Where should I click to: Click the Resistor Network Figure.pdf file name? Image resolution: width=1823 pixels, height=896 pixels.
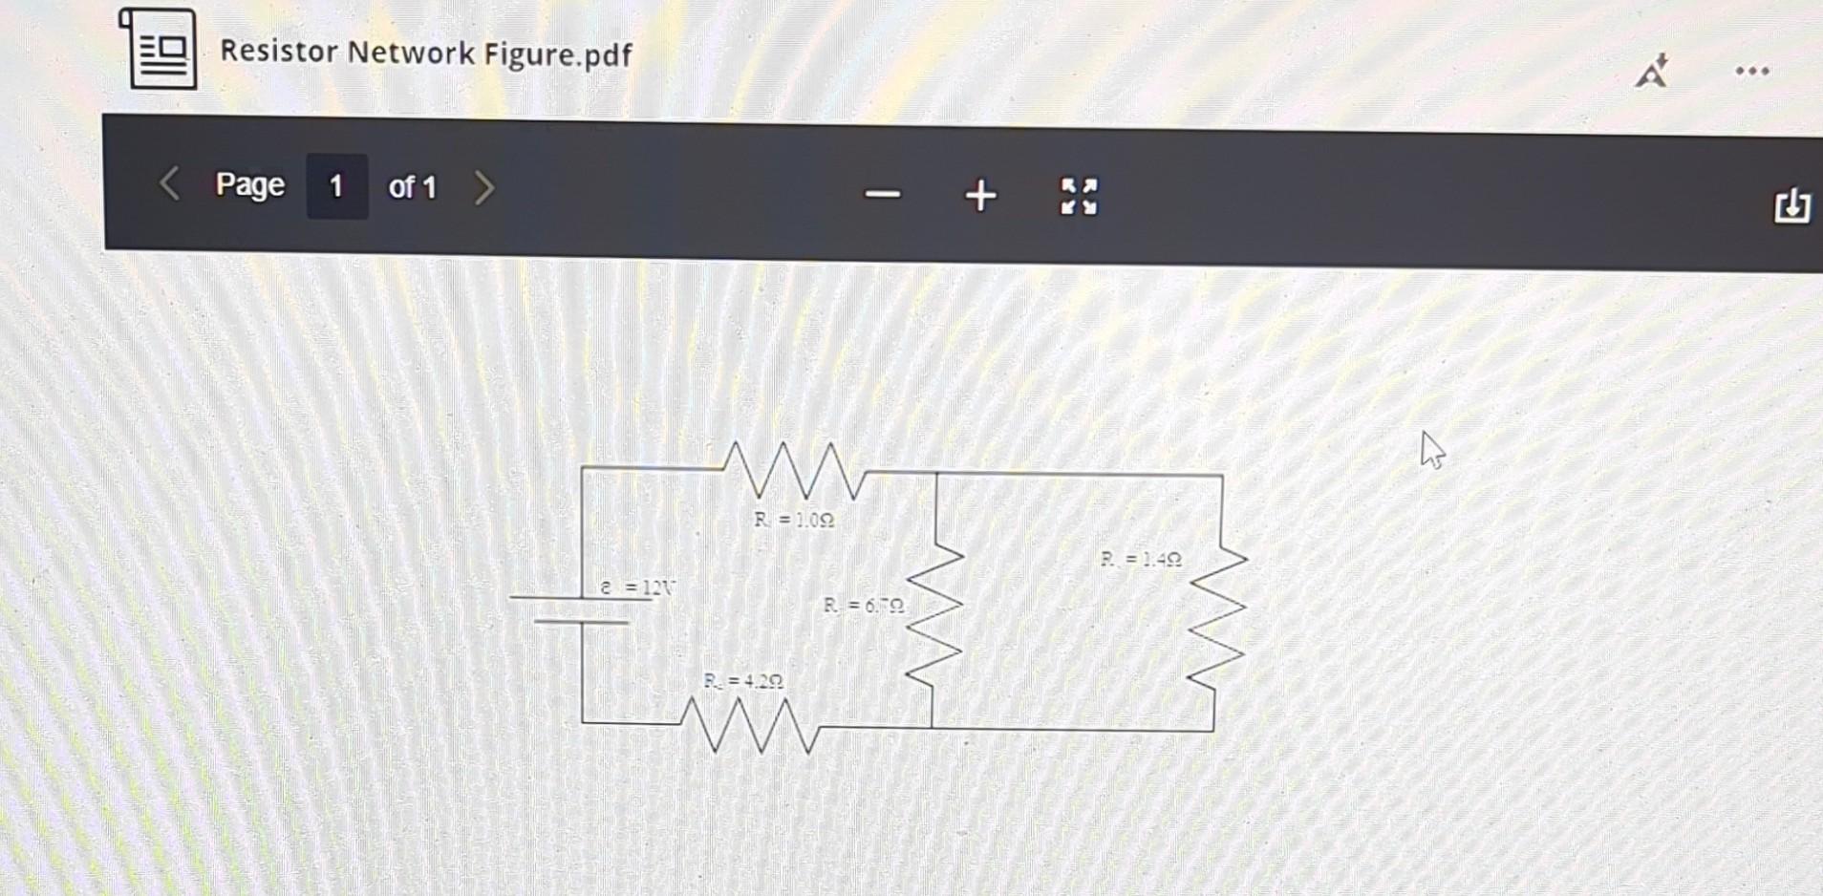click(x=425, y=53)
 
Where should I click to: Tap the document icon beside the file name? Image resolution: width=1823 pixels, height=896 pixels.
click(x=160, y=49)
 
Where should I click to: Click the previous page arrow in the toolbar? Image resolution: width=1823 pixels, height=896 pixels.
click(x=169, y=183)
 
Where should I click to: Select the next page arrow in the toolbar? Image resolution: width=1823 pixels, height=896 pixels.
click(x=484, y=187)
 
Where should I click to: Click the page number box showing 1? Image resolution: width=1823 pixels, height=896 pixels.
click(x=336, y=186)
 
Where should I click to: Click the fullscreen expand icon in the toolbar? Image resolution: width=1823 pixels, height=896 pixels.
click(x=1079, y=197)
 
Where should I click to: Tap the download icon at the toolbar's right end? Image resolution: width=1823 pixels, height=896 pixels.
click(x=1791, y=205)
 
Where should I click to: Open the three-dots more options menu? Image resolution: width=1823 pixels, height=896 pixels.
click(x=1752, y=71)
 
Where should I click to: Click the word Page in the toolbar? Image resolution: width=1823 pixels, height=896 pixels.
click(x=249, y=184)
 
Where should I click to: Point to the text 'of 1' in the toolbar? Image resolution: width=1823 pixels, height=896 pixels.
click(x=412, y=187)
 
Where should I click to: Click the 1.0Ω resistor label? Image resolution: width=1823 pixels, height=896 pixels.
click(x=793, y=520)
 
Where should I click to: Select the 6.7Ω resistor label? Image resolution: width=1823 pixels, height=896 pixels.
click(x=864, y=606)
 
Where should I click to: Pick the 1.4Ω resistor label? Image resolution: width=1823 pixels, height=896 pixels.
click(x=1141, y=559)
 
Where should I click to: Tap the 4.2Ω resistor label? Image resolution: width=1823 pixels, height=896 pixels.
click(x=743, y=681)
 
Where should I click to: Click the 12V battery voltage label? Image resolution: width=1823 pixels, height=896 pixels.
click(x=637, y=587)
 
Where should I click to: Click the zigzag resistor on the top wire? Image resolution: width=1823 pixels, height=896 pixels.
click(x=795, y=470)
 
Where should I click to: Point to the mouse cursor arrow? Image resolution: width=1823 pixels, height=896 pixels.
click(x=1431, y=450)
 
